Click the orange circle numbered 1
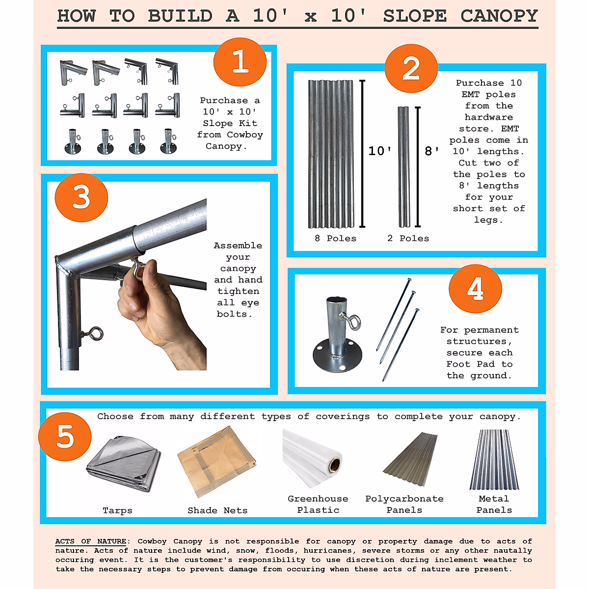(240, 62)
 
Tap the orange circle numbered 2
(411, 68)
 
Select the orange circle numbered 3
(81, 197)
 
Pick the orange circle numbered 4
(475, 289)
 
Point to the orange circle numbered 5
(65, 436)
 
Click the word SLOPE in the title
(415, 16)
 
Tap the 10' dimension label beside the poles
(379, 151)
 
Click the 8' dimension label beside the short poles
(431, 151)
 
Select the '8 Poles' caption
(335, 239)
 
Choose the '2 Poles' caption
(408, 239)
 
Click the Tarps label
(117, 510)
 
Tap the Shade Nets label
(217, 510)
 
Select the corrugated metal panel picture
(494, 459)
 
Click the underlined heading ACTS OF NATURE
(91, 541)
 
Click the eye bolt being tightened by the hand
(137, 269)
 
